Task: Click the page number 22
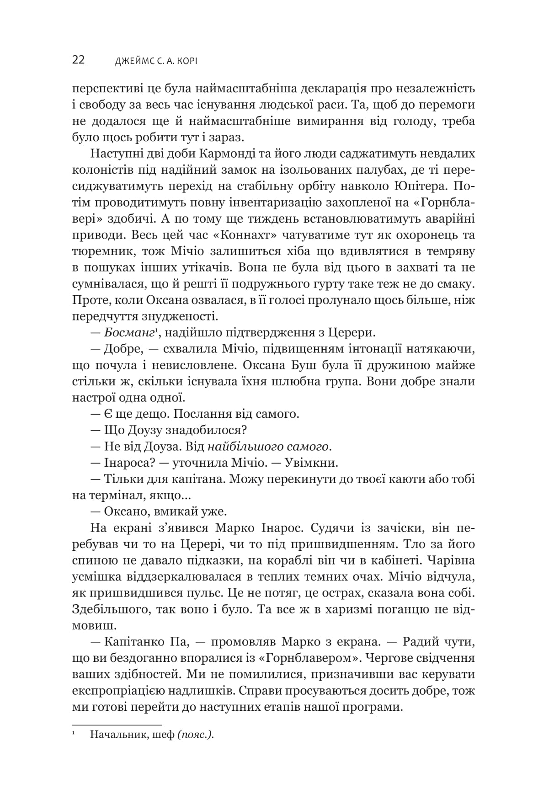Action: [x=78, y=60]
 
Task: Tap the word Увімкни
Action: [x=311, y=463]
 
